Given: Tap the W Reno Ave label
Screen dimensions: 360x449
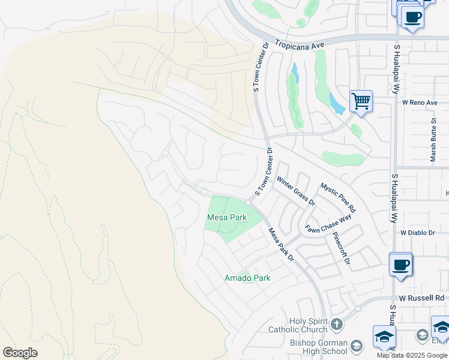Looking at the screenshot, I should [x=420, y=103].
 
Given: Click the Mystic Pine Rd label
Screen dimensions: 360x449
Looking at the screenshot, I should [x=338, y=198].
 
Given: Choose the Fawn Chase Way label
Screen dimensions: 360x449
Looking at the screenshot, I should [x=328, y=226].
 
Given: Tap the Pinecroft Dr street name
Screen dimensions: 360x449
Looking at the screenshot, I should [x=341, y=249].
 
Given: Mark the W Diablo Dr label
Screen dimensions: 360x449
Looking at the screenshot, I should [x=421, y=232].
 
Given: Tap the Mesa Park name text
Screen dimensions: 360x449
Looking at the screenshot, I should [x=226, y=217].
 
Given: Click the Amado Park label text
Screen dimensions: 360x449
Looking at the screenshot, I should [x=247, y=278].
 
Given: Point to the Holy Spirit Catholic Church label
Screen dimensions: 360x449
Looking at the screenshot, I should [x=309, y=325].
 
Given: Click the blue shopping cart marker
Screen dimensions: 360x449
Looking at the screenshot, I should [x=361, y=101].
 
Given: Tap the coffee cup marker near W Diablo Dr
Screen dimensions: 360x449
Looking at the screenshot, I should [x=400, y=264].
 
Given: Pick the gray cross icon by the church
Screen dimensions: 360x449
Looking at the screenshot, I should [x=337, y=325].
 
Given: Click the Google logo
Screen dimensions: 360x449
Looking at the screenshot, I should [x=20, y=353].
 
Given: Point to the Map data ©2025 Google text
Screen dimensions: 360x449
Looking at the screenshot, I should [x=412, y=355].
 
